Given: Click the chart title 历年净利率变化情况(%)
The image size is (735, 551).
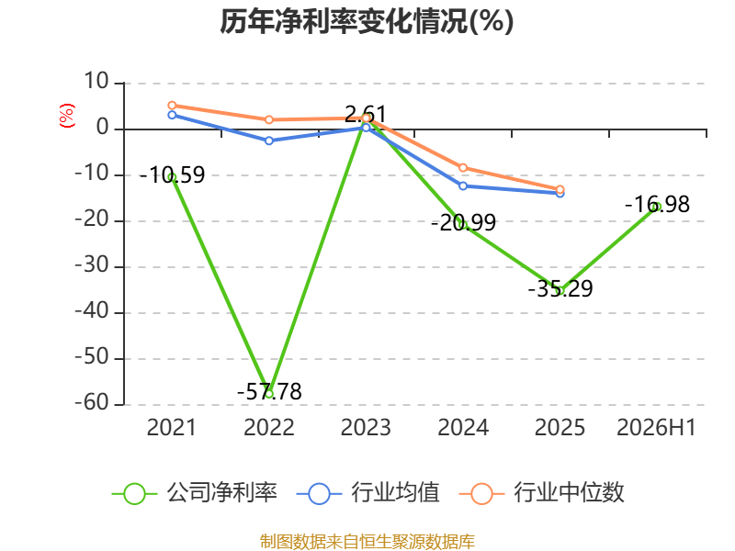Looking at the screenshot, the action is click(x=367, y=21).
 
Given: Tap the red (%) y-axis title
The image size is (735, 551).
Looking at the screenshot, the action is click(x=66, y=116).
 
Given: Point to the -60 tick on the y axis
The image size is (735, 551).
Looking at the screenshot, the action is click(x=92, y=403).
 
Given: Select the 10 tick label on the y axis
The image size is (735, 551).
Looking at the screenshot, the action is click(x=96, y=82).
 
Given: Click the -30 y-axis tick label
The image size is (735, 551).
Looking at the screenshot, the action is click(x=92, y=265).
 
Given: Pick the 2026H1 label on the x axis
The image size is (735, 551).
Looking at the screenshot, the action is click(x=656, y=427).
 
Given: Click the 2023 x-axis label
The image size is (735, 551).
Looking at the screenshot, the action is click(x=366, y=427).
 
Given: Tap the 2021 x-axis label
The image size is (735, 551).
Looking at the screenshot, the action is click(x=172, y=427).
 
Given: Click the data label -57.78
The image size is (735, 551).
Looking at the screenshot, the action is click(x=269, y=392).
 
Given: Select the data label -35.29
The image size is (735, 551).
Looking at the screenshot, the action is click(x=560, y=288).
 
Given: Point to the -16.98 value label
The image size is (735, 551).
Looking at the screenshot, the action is click(x=657, y=204).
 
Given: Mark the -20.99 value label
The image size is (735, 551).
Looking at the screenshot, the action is click(x=463, y=222).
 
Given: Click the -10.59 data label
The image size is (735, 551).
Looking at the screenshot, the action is click(x=172, y=175).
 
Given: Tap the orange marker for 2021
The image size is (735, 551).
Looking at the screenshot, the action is click(x=172, y=106).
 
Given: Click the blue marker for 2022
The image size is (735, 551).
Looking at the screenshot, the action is click(x=269, y=141).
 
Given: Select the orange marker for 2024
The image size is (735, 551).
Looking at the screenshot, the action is click(x=463, y=168).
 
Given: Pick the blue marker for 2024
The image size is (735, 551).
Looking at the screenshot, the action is click(x=463, y=186).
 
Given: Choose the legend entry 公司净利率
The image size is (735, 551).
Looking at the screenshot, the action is click(x=195, y=493).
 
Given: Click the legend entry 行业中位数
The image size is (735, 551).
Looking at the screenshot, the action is click(x=542, y=493).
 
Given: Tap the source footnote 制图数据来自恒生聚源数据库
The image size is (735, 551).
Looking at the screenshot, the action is click(x=367, y=542).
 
